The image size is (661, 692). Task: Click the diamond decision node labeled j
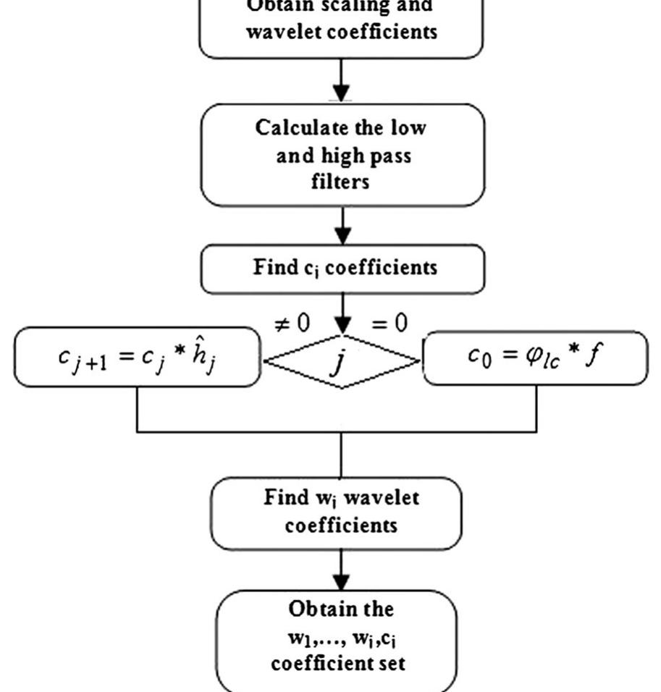point(341,361)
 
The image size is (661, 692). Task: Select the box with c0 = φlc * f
point(536,358)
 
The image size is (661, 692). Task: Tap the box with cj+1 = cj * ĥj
point(137,357)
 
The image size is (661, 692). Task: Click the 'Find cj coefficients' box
point(342,268)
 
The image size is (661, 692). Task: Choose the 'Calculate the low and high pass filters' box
point(342,154)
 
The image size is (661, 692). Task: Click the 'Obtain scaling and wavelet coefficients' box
point(341,25)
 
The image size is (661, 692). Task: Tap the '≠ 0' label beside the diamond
point(291,324)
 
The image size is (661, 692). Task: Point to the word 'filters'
point(341,181)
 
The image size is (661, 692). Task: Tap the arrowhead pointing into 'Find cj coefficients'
point(342,236)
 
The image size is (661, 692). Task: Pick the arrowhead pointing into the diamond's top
point(342,326)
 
